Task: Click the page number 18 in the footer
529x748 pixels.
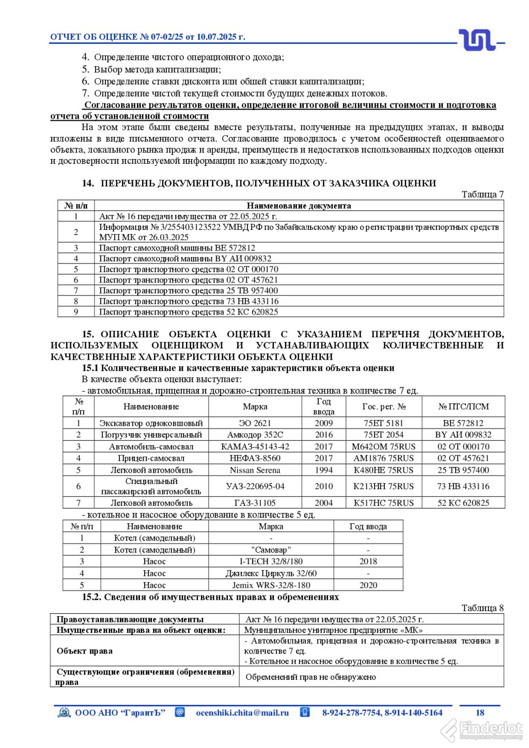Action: point(480,713)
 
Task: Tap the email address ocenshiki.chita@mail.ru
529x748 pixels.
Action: point(242,713)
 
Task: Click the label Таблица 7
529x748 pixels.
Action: point(482,195)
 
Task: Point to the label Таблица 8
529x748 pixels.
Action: point(482,609)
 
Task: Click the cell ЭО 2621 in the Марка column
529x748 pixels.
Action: point(255,423)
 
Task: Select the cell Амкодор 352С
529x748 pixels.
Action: point(255,435)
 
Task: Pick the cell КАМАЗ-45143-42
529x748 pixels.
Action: point(255,447)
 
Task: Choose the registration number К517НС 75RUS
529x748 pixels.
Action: point(383,503)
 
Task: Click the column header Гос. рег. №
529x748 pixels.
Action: point(383,407)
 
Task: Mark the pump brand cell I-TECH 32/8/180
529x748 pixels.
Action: point(271,562)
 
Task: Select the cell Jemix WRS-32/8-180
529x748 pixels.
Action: point(271,585)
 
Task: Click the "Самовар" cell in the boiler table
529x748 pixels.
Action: point(271,550)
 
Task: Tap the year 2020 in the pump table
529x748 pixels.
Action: point(368,585)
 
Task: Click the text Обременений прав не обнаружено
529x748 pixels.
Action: point(310,677)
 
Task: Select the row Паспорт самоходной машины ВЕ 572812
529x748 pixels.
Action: point(177,248)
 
